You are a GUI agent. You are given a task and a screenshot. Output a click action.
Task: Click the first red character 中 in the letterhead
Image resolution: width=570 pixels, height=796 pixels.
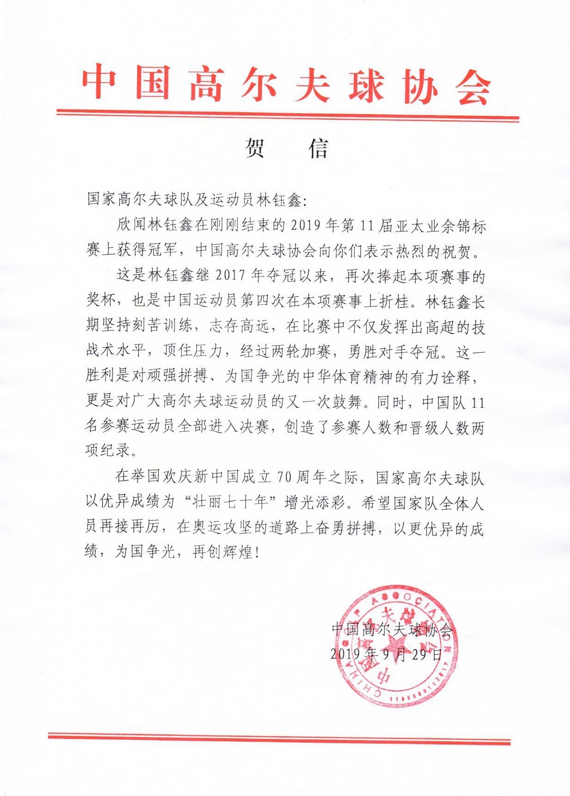[99, 83]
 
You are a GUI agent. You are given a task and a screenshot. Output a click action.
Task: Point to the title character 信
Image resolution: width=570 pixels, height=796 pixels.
[319, 148]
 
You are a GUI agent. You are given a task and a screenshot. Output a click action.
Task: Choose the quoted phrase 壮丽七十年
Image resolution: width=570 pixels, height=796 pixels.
[231, 502]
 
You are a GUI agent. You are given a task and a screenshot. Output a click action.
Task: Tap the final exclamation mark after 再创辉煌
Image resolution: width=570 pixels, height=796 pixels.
[257, 552]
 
